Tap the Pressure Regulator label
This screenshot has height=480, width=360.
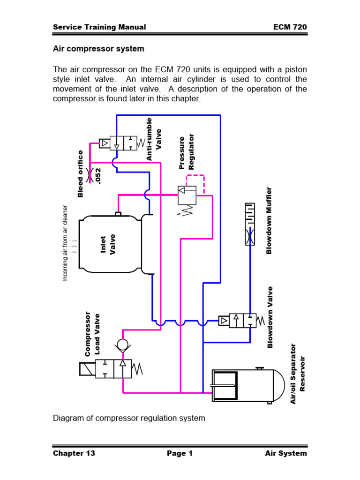click(x=187, y=151)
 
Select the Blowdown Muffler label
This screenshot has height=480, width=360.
click(x=269, y=220)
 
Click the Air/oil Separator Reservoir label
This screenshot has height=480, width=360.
click(x=297, y=373)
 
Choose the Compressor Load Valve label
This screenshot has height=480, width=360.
click(x=92, y=333)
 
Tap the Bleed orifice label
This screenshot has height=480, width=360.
click(x=81, y=174)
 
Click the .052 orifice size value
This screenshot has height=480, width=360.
click(x=98, y=175)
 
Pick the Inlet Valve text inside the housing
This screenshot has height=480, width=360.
click(x=108, y=244)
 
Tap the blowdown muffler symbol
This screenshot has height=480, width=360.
click(x=250, y=224)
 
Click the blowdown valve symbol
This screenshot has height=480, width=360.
click(x=239, y=321)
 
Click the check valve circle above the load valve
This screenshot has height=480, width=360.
click(x=123, y=346)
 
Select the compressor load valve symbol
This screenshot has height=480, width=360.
click(x=112, y=368)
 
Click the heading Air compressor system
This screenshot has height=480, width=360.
click(x=98, y=49)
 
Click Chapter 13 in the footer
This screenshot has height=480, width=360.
click(x=74, y=453)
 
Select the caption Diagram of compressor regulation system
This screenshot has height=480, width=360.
click(x=129, y=418)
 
